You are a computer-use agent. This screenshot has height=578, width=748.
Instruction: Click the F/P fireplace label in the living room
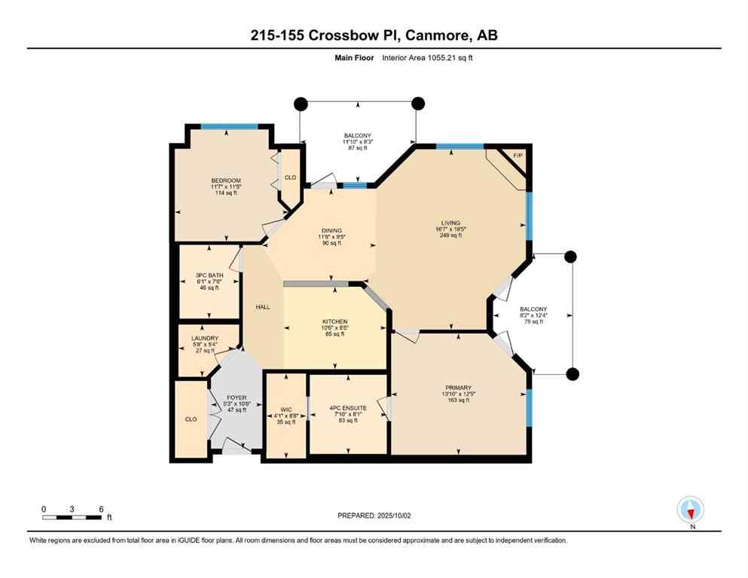(x=517, y=156)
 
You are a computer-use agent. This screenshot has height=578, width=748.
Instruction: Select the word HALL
(x=262, y=307)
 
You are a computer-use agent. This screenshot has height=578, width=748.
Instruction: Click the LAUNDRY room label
(x=204, y=339)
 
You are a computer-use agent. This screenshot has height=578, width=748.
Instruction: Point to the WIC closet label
(x=285, y=409)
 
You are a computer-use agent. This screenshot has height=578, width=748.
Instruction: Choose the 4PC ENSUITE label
(x=347, y=409)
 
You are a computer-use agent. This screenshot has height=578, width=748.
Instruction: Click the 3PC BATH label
(x=209, y=275)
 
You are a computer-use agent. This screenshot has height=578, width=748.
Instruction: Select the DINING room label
(x=331, y=231)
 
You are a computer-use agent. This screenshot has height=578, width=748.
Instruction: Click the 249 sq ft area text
(x=450, y=236)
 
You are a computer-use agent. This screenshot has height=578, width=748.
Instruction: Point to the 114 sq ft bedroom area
(x=225, y=193)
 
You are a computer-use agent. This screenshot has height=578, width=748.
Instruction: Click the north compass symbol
(x=691, y=510)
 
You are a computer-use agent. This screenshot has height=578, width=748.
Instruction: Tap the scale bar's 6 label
(x=101, y=509)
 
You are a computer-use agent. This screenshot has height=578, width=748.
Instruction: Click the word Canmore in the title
(x=427, y=35)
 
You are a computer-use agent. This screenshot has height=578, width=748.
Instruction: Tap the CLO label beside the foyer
(x=191, y=419)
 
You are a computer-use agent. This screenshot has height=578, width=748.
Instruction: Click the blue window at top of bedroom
(x=230, y=126)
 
